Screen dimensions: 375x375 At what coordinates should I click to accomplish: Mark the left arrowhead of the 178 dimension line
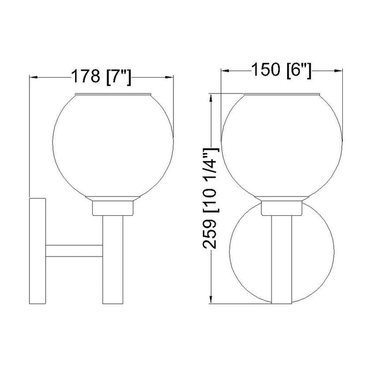(x=33, y=77)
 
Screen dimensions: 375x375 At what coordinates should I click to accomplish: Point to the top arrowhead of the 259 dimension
(x=214, y=97)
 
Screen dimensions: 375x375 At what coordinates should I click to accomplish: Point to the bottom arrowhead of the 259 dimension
(x=214, y=300)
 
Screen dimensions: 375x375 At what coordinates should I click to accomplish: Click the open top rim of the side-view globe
(x=114, y=95)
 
